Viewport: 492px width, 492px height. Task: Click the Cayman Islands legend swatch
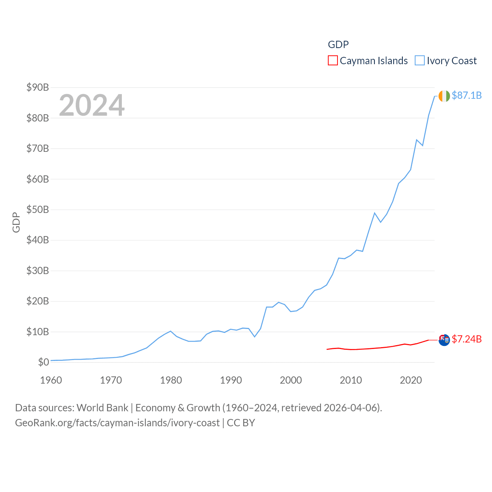332,61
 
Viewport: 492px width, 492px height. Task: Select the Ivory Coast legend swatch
420,61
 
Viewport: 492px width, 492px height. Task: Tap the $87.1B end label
466,95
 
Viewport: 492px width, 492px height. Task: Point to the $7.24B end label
466,339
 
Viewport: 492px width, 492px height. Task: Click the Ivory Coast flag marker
444,96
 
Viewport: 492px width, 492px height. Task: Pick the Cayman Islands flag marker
444,340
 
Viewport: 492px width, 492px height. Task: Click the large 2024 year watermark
91,105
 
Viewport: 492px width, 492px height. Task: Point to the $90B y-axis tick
38,87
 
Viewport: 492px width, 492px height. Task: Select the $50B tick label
38,209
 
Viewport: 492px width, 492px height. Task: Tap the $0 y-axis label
43,362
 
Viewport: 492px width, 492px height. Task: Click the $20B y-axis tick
38,301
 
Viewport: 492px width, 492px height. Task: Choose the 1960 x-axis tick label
51,380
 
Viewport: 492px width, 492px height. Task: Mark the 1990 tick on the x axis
231,380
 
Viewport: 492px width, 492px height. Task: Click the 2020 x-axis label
411,380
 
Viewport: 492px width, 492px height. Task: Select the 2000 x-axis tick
291,380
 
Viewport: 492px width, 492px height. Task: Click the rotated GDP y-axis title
16,222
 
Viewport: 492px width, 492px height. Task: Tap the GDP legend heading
338,45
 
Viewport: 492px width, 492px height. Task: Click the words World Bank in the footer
102,408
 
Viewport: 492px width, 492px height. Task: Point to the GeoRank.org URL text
117,423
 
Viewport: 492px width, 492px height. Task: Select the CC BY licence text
241,423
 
